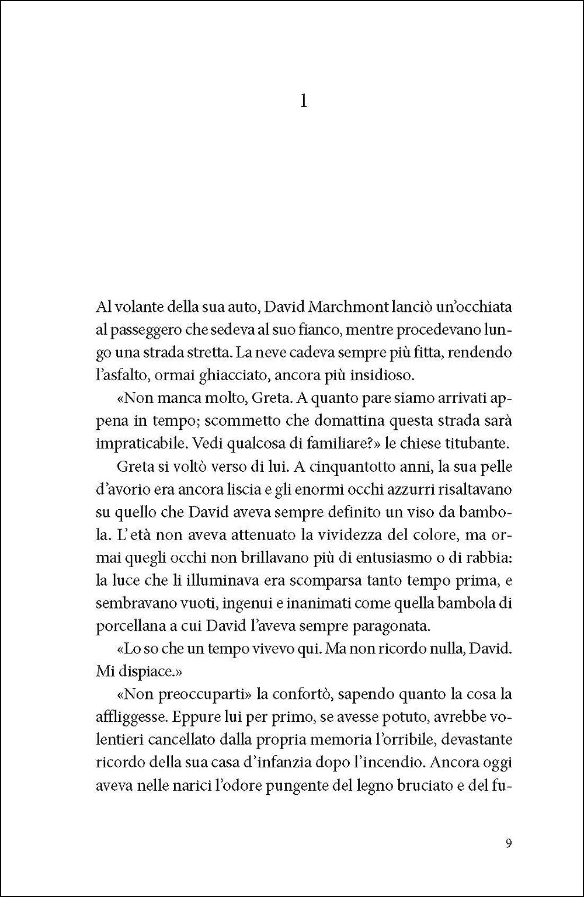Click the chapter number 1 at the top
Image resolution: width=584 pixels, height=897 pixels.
coord(303,102)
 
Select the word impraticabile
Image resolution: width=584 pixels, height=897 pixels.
coord(135,443)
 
